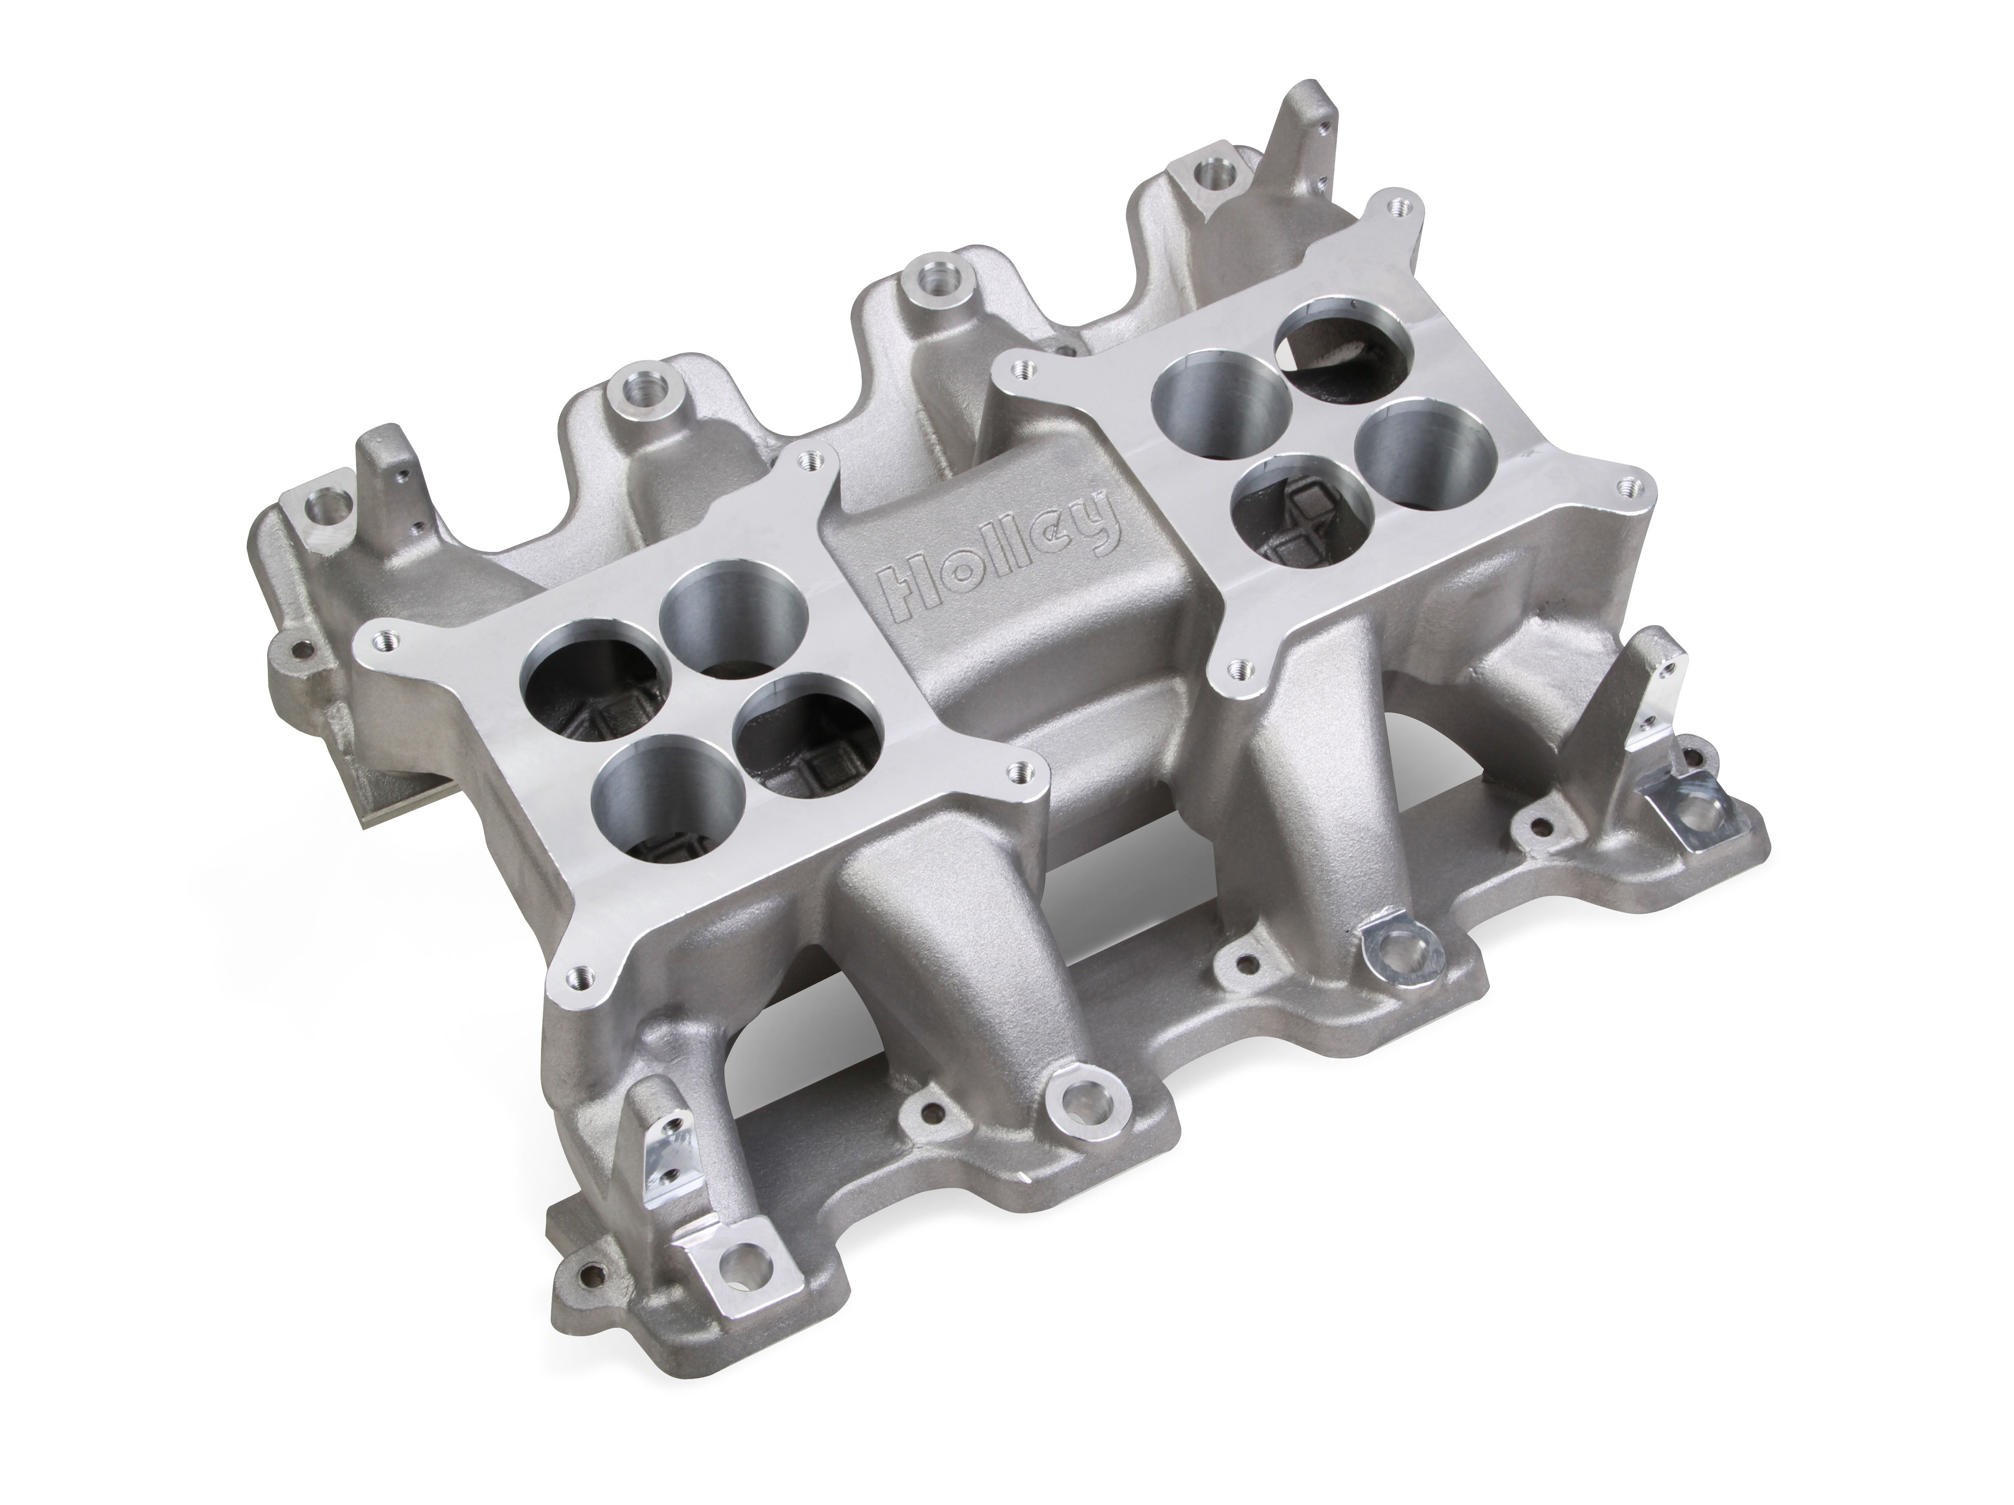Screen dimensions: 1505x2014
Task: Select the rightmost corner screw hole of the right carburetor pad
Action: coord(1625,487)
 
